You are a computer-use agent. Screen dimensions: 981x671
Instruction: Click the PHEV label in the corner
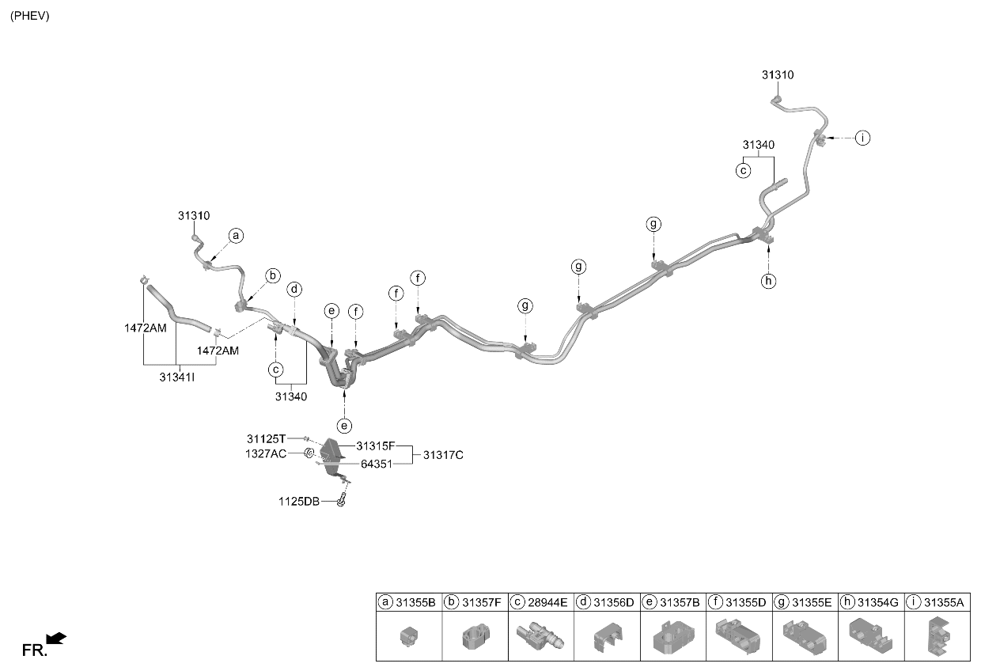click(30, 16)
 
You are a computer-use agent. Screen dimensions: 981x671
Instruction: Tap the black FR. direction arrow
click(56, 639)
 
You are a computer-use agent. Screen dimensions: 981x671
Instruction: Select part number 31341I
click(177, 377)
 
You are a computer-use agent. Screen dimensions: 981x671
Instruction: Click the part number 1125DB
click(299, 502)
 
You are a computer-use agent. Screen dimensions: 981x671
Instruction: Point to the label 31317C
click(443, 455)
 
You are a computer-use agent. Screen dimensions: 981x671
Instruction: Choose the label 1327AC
click(266, 453)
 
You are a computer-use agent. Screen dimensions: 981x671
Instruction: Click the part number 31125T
click(267, 439)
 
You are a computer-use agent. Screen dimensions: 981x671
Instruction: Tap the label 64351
click(377, 464)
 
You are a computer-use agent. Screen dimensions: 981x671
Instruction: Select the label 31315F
click(376, 445)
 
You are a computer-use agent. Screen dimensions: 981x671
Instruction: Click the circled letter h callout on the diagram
click(769, 281)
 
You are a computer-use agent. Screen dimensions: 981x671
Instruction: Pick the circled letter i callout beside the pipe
click(863, 138)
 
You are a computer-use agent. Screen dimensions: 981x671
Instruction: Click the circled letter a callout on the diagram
click(236, 236)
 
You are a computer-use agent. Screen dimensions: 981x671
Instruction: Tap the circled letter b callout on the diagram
click(273, 275)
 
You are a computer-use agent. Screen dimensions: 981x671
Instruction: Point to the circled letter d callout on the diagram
click(294, 289)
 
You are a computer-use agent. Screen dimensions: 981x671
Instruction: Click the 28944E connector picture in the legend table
click(540, 636)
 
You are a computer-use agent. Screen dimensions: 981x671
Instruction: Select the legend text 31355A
click(944, 603)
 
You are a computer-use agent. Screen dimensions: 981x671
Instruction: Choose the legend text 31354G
click(877, 603)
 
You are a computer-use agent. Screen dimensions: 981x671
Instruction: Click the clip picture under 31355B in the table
click(408, 636)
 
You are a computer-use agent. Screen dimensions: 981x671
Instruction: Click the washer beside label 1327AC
click(309, 453)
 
